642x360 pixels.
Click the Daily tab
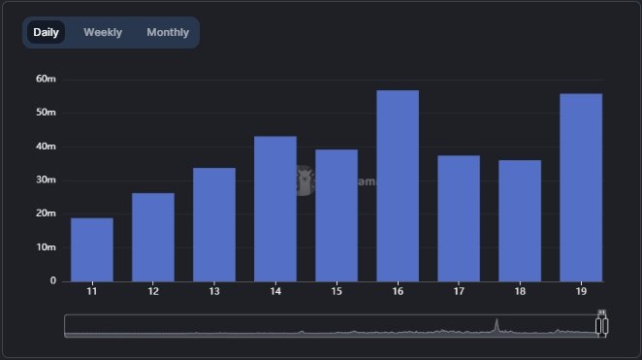click(x=46, y=32)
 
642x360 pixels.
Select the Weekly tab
click(x=103, y=32)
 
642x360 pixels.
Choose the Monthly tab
click(x=168, y=32)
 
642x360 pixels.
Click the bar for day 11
click(x=92, y=249)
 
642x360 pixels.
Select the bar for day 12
click(x=153, y=237)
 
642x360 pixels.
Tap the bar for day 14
click(x=275, y=209)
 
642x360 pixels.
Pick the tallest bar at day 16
click(x=398, y=185)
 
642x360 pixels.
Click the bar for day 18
click(x=520, y=220)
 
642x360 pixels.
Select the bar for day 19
click(x=581, y=187)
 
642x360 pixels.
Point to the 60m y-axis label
click(x=46, y=79)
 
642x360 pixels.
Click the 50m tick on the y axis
click(x=46, y=113)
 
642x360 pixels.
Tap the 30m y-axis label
click(x=46, y=180)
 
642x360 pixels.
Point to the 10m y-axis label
click(x=46, y=247)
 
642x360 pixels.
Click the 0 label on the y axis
click(x=53, y=280)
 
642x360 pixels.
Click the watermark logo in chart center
click(x=304, y=179)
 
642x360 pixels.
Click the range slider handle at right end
click(x=601, y=324)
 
